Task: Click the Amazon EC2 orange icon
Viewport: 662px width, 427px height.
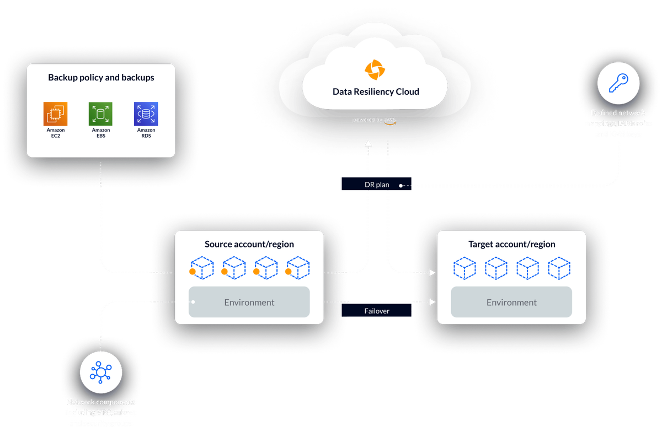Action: (56, 114)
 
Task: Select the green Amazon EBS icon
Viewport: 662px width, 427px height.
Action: (100, 114)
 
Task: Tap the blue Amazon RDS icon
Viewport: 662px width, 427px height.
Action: (146, 114)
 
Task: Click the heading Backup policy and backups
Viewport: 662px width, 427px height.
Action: (101, 78)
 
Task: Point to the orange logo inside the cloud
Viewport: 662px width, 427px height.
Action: (376, 70)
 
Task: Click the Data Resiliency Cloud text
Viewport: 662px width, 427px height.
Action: (376, 91)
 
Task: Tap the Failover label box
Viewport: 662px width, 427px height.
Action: (377, 311)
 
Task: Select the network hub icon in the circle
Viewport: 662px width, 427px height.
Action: (101, 372)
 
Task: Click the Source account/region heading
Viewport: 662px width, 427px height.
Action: (249, 244)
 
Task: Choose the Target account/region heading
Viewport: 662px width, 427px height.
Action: (511, 244)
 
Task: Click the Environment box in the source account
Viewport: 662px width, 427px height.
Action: (249, 302)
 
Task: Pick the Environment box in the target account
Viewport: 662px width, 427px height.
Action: (511, 302)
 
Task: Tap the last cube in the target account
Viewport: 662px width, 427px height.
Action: (559, 268)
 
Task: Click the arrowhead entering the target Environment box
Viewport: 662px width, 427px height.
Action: (433, 302)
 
